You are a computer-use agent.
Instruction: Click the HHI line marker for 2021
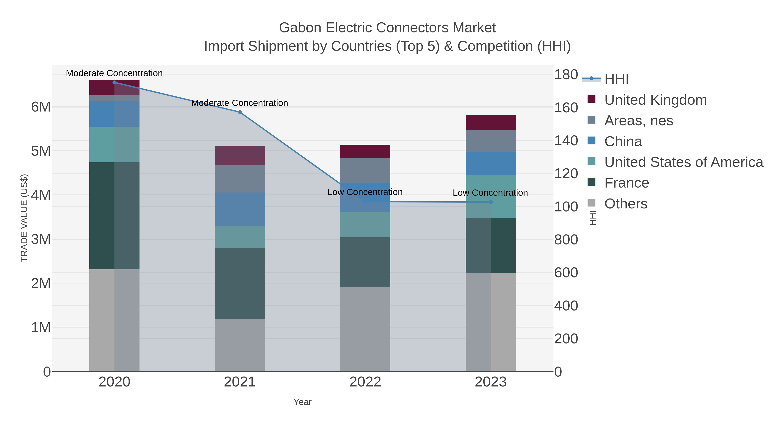click(240, 112)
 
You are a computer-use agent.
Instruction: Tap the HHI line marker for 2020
click(114, 82)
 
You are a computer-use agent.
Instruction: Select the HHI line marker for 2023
click(491, 202)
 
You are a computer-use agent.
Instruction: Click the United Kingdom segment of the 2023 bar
click(491, 123)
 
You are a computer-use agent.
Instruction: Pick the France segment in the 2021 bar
click(240, 283)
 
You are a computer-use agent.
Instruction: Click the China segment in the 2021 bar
click(240, 209)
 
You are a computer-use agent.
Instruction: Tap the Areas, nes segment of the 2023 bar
click(491, 141)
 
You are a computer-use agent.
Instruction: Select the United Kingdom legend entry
click(655, 100)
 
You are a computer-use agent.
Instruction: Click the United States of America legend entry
click(684, 162)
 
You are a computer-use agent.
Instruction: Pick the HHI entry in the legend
click(616, 79)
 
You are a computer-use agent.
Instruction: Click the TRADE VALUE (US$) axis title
click(24, 218)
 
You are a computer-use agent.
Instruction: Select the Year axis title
click(302, 402)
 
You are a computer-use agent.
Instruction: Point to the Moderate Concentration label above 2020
click(114, 73)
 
